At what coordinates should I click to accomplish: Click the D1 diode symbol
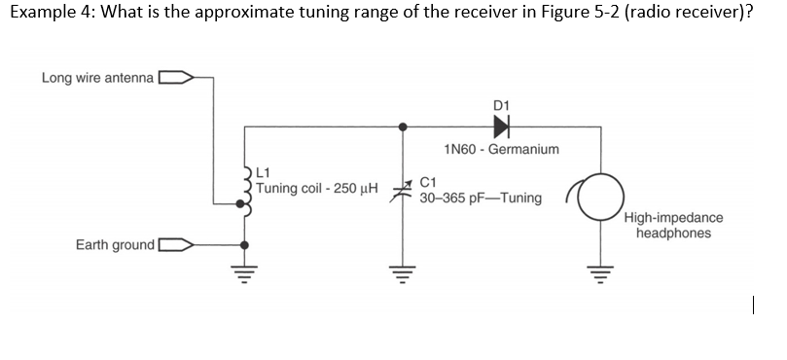tap(501, 126)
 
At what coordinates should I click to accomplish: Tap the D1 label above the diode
tap(502, 103)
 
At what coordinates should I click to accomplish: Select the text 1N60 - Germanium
tap(500, 150)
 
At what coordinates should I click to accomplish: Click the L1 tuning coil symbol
tap(244, 191)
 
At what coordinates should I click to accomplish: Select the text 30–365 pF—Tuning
tap(481, 198)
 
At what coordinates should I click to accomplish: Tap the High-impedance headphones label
tap(673, 226)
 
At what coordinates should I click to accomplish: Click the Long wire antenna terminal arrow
tap(175, 77)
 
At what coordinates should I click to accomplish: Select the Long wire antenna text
tap(97, 77)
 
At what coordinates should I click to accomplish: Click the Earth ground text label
tap(115, 244)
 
